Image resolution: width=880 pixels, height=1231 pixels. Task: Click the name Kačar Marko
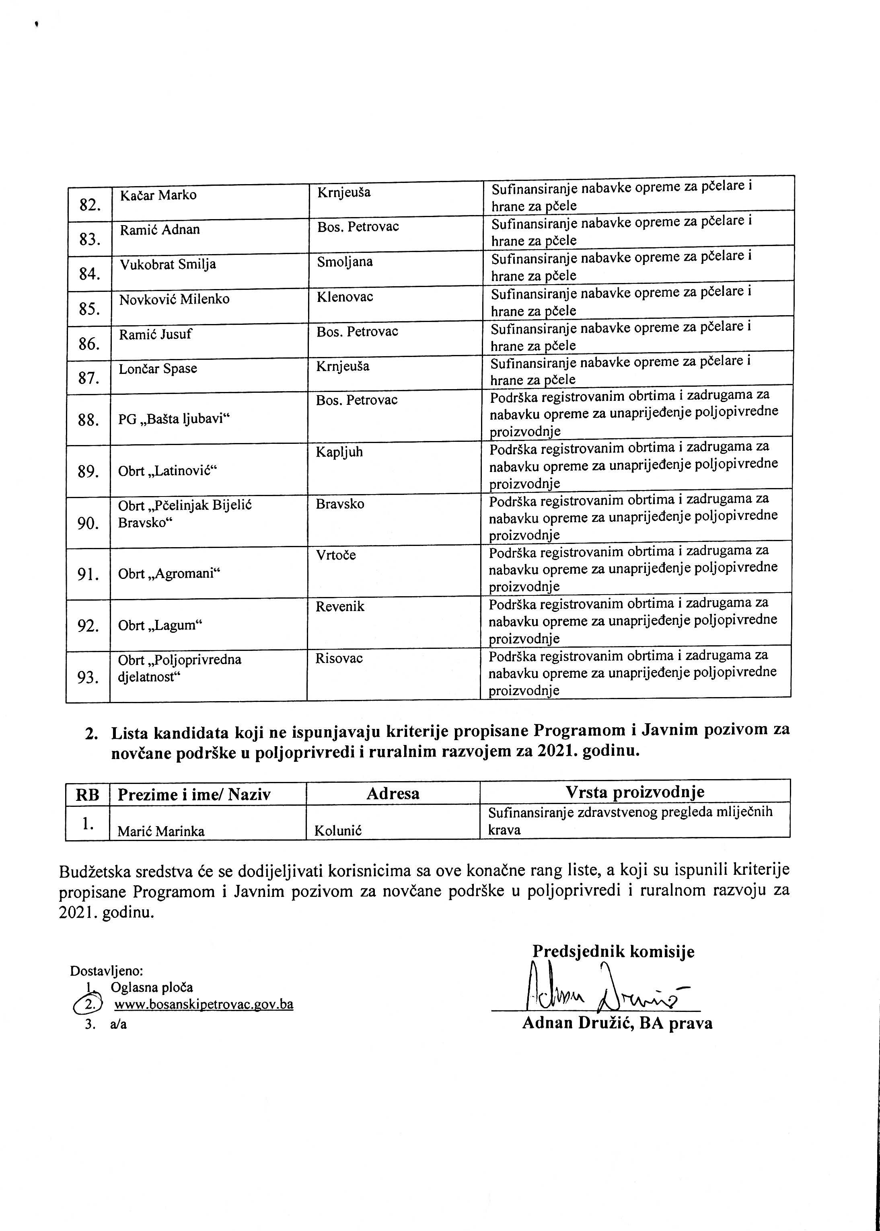pos(158,195)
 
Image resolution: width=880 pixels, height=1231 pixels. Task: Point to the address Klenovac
pos(345,297)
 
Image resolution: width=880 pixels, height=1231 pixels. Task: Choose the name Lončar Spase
pos(158,369)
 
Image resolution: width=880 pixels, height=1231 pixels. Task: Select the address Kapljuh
pos(339,452)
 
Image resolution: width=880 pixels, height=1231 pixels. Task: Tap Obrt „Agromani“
pos(169,574)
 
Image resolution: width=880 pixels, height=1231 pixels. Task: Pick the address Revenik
pos(340,607)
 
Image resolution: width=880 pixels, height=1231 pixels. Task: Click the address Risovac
pos(339,659)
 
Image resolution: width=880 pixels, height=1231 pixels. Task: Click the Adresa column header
pos(393,794)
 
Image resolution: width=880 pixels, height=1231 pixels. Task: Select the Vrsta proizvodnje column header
pos(635,792)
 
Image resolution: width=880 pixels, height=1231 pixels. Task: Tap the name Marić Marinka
pos(161,831)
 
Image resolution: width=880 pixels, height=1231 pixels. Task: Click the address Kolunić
pos(337,831)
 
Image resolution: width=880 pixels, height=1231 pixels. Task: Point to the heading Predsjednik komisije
pos(613,952)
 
